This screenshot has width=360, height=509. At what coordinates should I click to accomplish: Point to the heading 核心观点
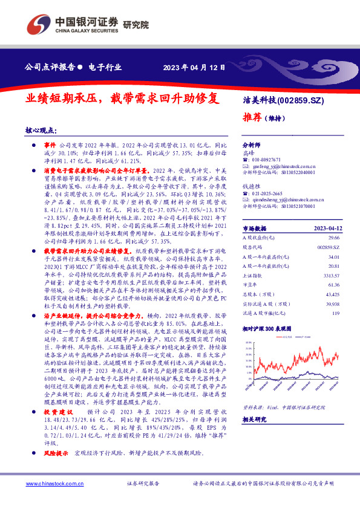(41, 130)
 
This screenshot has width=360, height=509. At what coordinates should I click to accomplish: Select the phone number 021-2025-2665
(269, 193)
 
